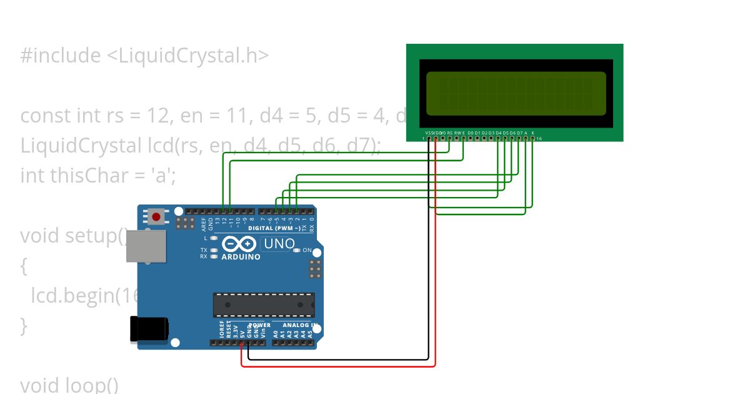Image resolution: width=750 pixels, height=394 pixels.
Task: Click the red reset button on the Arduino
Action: [x=156, y=217]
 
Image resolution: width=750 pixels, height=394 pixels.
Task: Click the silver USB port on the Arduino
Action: [x=146, y=246]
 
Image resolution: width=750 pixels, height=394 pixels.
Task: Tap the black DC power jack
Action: [x=149, y=329]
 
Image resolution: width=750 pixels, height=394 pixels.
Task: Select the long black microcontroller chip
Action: [x=263, y=305]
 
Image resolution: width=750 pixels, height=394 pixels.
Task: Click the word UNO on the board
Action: [x=279, y=243]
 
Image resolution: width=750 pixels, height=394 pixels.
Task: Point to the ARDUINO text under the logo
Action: [x=241, y=257]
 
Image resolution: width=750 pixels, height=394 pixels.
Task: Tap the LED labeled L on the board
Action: [x=214, y=238]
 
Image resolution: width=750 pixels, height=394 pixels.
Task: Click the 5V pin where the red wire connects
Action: [x=242, y=343]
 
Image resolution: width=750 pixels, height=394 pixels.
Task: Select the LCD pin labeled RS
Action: [x=449, y=138]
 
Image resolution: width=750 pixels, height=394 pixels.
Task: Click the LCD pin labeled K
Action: [x=532, y=138]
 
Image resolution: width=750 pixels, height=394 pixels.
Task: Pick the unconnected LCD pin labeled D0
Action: [x=470, y=138]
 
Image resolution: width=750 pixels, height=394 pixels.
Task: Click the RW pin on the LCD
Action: [x=456, y=138]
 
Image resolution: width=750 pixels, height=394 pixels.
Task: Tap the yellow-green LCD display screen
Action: [x=516, y=93]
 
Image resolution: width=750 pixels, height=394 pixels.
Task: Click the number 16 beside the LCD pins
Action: [x=539, y=138]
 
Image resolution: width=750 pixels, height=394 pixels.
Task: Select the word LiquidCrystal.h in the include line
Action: [x=187, y=56]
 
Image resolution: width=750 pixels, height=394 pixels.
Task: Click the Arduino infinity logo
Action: [x=239, y=244]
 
